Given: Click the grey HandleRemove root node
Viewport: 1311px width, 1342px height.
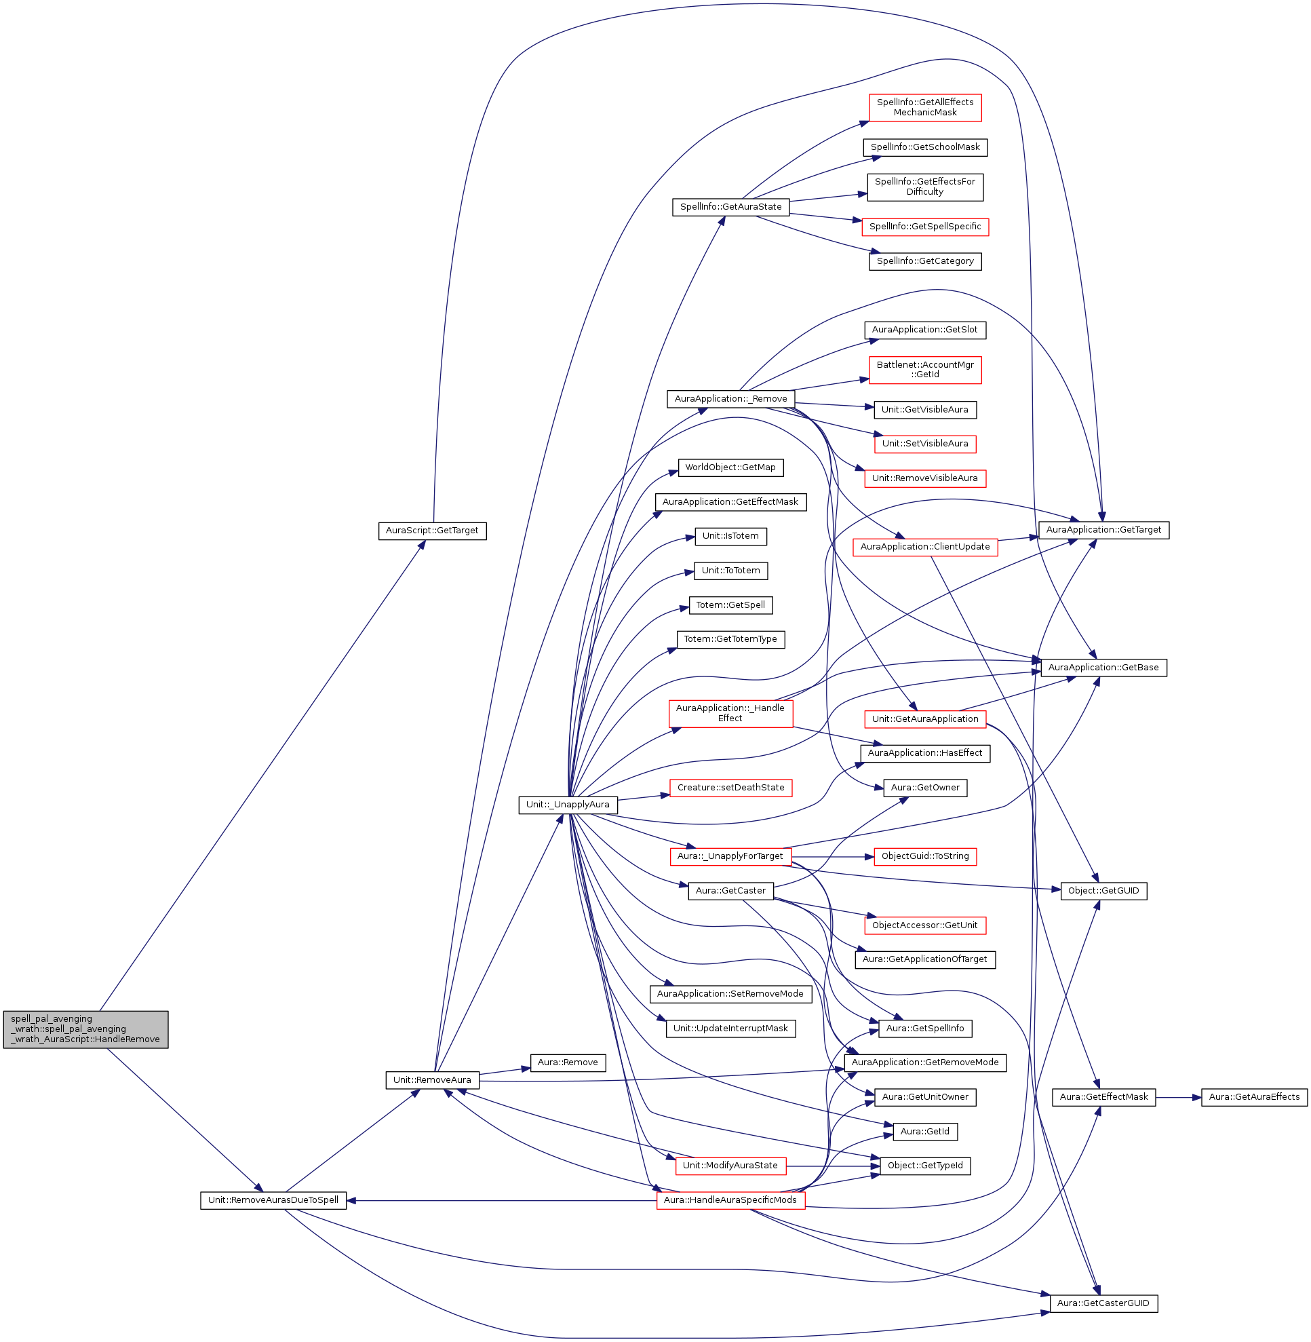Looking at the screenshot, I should click(85, 1029).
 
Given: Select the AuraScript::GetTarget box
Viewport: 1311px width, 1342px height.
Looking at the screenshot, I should click(432, 531).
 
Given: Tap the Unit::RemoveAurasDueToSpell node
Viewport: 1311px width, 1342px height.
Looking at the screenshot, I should click(273, 1200).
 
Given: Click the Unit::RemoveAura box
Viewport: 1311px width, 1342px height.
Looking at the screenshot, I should click(432, 1079).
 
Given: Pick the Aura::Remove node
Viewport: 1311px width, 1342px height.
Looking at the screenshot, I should click(568, 1062).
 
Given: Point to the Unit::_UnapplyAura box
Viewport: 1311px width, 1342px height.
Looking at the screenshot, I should click(568, 804).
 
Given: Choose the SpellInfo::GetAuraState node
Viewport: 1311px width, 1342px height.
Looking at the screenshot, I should click(730, 207).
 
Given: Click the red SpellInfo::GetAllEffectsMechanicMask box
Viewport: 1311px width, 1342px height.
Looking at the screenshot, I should click(924, 107).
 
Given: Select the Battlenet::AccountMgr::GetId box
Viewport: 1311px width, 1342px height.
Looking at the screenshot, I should click(924, 370).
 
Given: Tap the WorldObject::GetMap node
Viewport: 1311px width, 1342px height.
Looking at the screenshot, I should click(730, 467).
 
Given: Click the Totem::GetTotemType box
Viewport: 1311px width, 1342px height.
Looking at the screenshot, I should click(730, 638).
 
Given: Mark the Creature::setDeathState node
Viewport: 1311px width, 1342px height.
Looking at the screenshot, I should click(730, 788).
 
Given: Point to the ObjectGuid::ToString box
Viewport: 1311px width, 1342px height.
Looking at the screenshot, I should click(924, 856).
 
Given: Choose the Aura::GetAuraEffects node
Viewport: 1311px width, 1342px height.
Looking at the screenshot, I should click(1254, 1097).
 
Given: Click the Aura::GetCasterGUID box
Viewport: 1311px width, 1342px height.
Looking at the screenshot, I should click(1103, 1303).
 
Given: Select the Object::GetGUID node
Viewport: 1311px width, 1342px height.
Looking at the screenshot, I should click(1103, 891).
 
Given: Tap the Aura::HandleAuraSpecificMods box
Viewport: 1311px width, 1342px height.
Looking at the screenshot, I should click(730, 1200).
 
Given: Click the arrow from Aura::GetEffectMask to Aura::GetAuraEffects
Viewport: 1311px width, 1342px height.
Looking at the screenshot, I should click(1178, 1097).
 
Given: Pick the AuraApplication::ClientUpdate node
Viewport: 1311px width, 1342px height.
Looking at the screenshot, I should click(924, 546).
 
